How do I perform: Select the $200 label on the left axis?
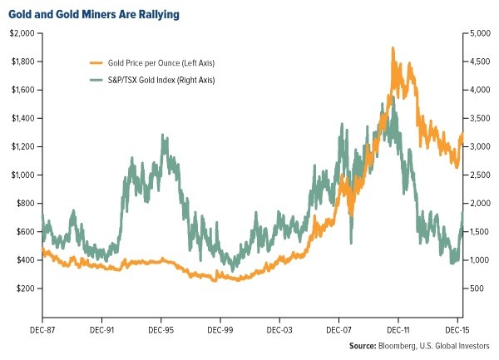[24, 288]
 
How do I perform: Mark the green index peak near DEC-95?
[164, 136]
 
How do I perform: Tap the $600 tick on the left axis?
[24, 231]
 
